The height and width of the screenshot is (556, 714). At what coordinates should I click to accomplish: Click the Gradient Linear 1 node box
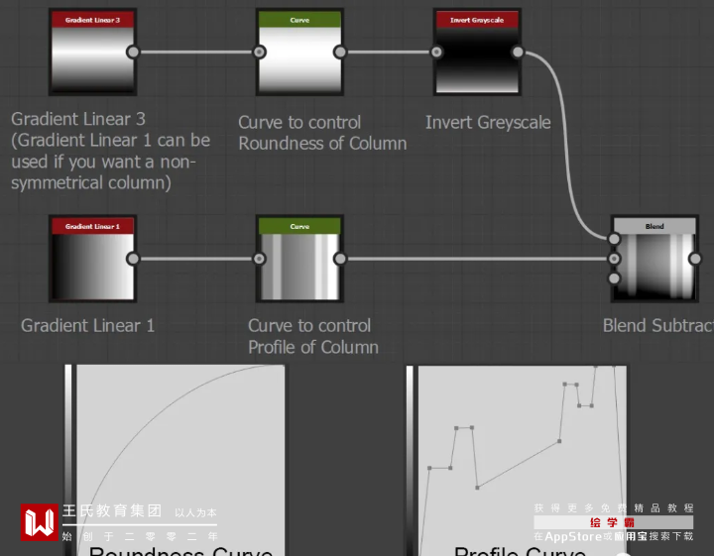pos(91,259)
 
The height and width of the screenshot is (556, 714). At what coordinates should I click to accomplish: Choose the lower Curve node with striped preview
pos(299,259)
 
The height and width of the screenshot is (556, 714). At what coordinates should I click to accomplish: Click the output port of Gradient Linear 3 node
pos(133,53)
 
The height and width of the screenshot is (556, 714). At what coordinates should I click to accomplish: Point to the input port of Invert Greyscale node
pos(436,53)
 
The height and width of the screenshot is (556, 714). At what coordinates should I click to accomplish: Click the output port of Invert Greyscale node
pos(518,53)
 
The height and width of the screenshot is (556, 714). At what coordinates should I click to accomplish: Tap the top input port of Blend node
pos(614,239)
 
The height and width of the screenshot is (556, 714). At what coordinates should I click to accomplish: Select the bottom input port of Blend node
pos(614,278)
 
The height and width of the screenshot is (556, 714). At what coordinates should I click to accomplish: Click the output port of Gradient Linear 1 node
pos(133,259)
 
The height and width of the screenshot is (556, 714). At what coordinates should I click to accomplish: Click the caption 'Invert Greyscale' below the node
pos(488,122)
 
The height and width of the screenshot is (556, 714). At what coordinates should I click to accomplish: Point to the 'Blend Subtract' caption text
pos(657,325)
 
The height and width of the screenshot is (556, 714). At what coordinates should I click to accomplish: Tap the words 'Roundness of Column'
pos(322,143)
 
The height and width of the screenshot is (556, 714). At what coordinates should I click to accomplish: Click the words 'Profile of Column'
pos(313,347)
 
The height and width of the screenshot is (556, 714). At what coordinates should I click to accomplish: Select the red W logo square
pos(40,522)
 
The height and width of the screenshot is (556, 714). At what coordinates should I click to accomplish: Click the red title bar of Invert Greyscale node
pos(477,19)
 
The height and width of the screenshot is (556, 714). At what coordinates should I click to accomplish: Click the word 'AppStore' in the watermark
pos(573,536)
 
